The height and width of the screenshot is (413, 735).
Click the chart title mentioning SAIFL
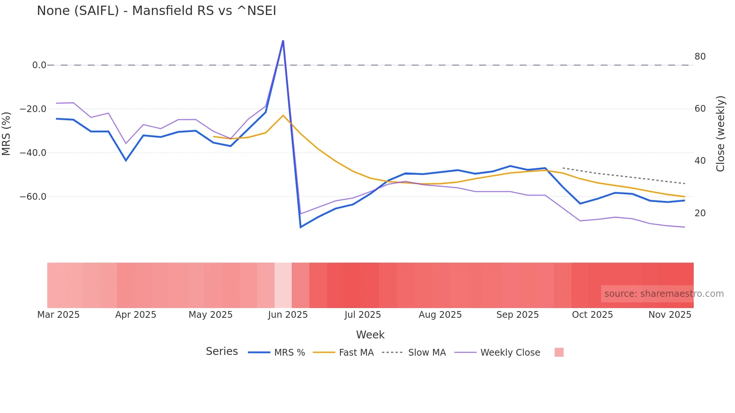pyautogui.click(x=156, y=11)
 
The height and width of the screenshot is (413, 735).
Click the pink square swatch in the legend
pyautogui.click(x=559, y=352)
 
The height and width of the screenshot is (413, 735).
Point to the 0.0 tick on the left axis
pyautogui.click(x=39, y=65)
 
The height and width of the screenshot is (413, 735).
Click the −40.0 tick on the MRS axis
pyautogui.click(x=33, y=153)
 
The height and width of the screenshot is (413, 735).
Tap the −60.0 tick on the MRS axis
pyautogui.click(x=33, y=197)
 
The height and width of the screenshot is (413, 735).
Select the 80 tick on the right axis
pyautogui.click(x=700, y=57)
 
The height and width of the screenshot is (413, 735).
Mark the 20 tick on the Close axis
pyautogui.click(x=700, y=213)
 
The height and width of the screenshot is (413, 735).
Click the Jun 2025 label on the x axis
pyautogui.click(x=288, y=315)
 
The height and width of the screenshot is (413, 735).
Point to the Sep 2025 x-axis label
pyautogui.click(x=517, y=315)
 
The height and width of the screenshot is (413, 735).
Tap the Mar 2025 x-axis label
pyautogui.click(x=58, y=315)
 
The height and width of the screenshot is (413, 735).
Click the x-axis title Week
pyautogui.click(x=370, y=335)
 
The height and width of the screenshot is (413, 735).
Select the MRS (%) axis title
pyautogui.click(x=6, y=134)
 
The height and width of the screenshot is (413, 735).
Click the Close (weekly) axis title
pyautogui.click(x=720, y=134)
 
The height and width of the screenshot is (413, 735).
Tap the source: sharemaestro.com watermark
pyautogui.click(x=664, y=294)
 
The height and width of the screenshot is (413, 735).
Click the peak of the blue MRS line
pyautogui.click(x=283, y=40)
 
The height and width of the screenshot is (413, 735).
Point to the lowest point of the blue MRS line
pyautogui.click(x=300, y=227)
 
